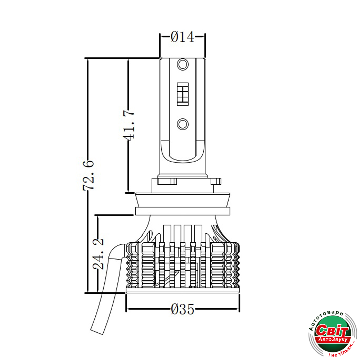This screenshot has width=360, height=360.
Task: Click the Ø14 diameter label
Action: (183, 37)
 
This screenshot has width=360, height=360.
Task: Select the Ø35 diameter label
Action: (183, 309)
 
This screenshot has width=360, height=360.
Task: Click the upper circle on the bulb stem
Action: (183, 64)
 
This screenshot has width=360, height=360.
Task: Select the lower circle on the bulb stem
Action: (183, 124)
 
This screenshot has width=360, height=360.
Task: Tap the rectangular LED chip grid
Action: (183, 94)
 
